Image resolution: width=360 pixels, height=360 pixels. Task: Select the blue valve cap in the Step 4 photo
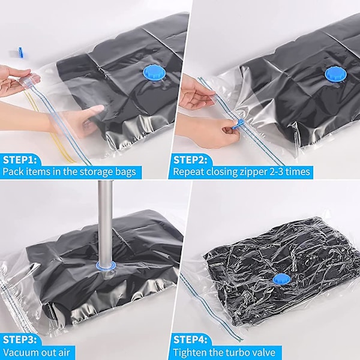(281, 278)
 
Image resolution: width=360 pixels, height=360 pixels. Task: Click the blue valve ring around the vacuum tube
(106, 266)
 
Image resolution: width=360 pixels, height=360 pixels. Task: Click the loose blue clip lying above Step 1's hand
(20, 52)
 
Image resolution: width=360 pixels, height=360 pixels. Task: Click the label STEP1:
(20, 160)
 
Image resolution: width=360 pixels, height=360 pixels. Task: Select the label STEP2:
(190, 160)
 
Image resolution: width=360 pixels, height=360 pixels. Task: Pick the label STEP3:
(20, 340)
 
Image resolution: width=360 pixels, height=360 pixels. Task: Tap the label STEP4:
(190, 340)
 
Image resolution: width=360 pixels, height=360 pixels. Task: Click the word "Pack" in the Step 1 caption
(13, 172)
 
